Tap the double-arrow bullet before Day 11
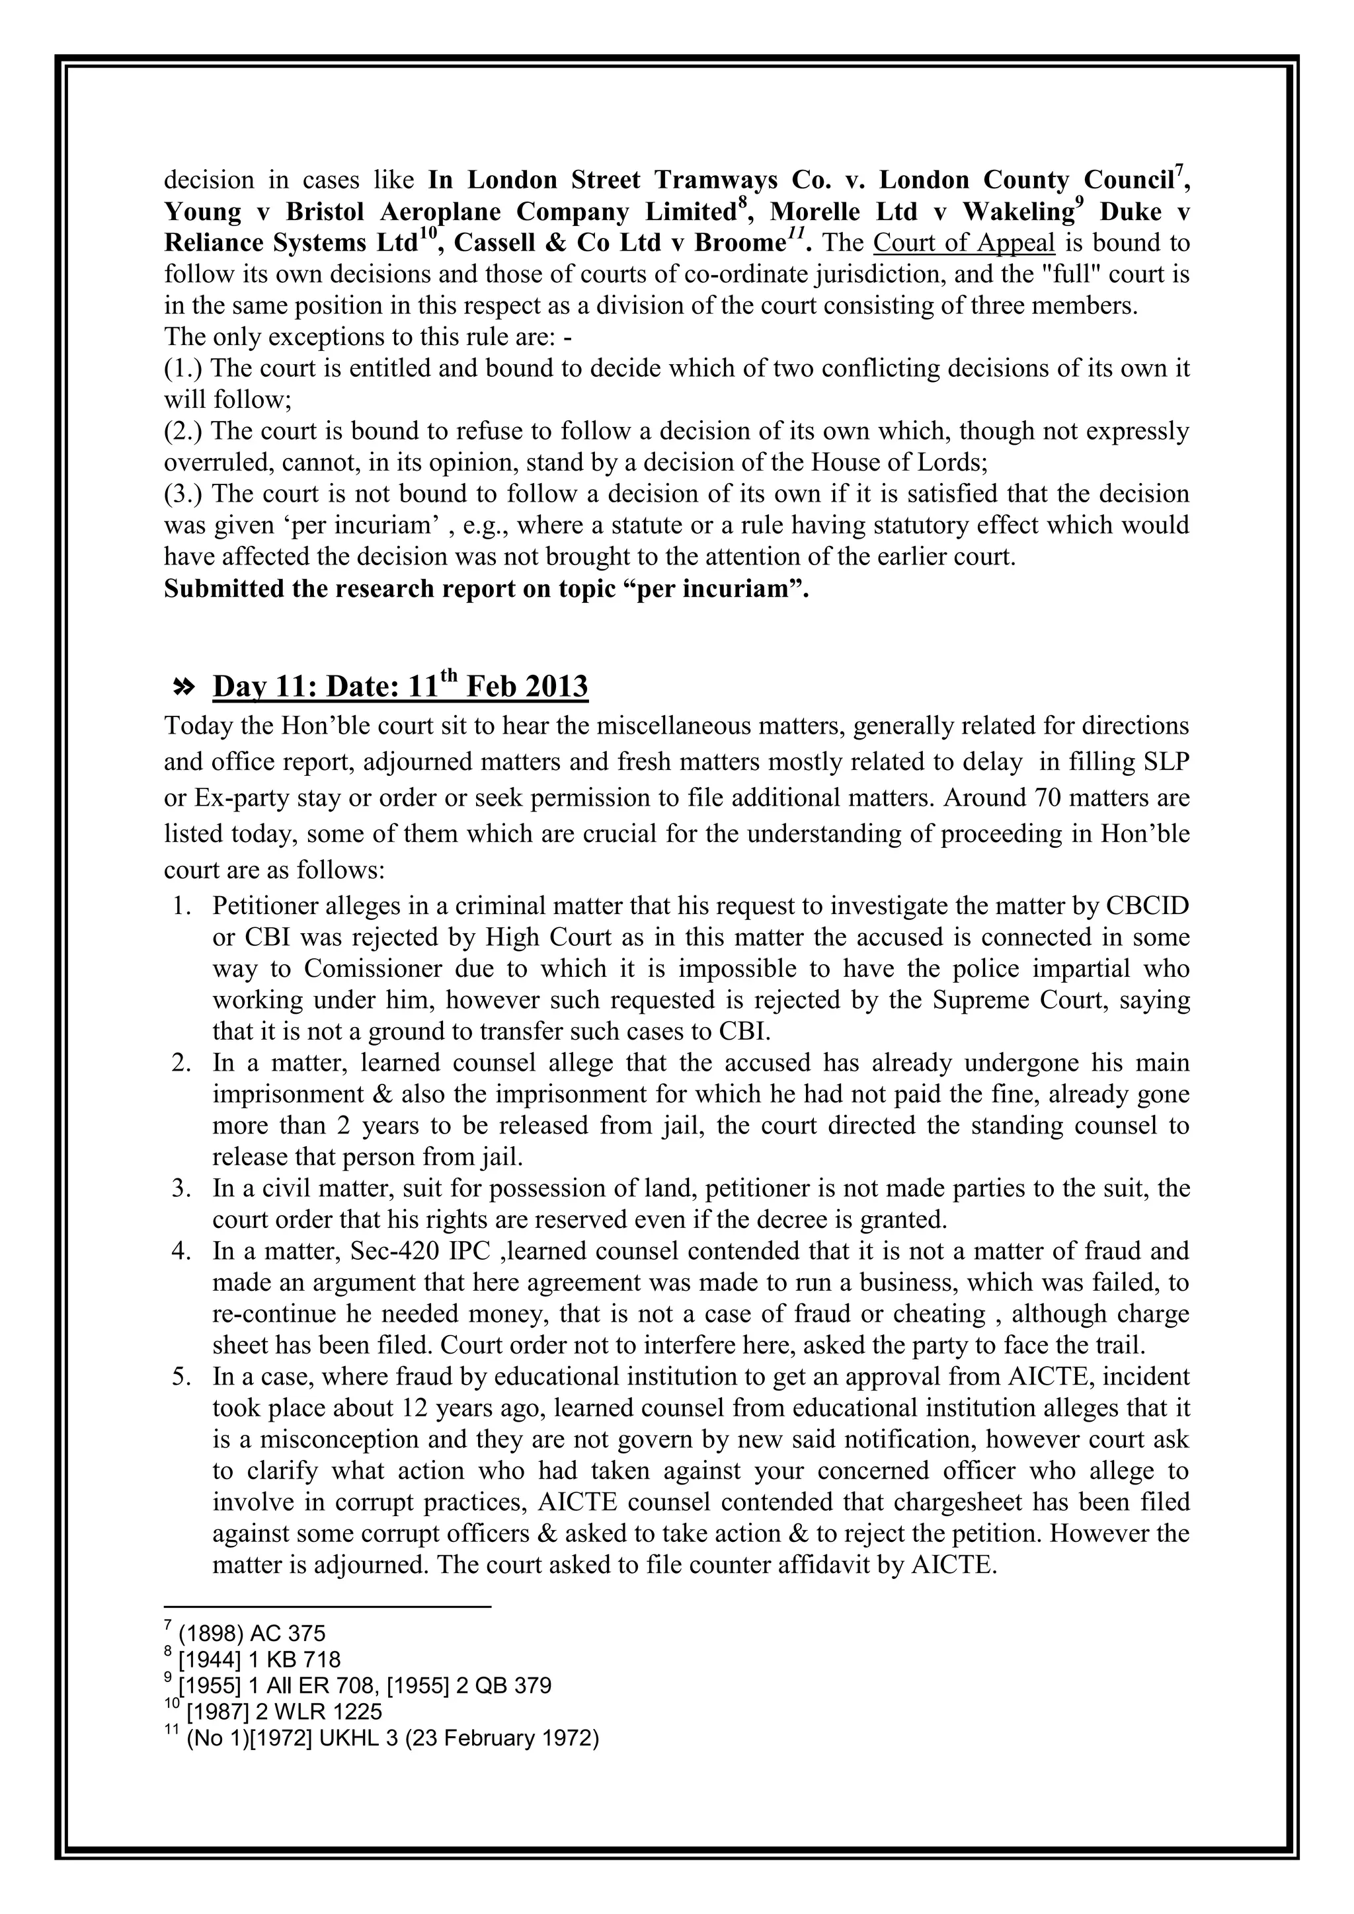click(182, 687)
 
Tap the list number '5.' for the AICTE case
click(182, 1376)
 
